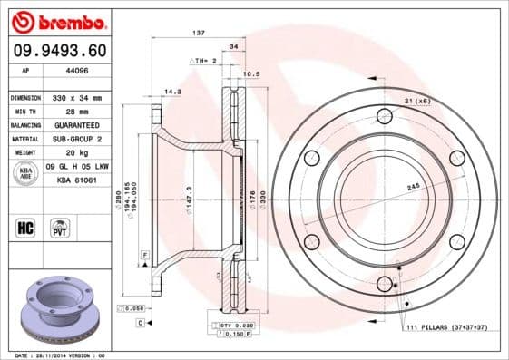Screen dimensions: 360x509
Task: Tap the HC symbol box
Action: tap(25, 226)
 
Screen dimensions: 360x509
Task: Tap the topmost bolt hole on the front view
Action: tap(385, 115)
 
